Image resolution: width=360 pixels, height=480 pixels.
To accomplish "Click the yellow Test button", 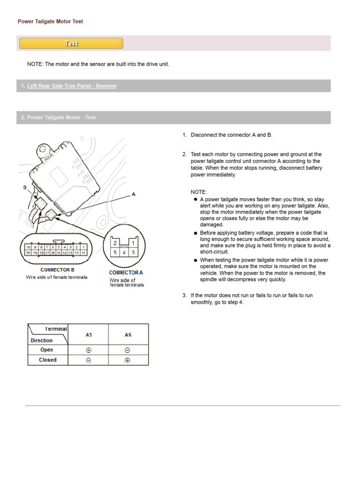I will tap(71, 44).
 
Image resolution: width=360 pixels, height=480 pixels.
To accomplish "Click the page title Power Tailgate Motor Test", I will tap(50, 22).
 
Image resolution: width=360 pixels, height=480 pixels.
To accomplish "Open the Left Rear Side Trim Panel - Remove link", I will tap(72, 86).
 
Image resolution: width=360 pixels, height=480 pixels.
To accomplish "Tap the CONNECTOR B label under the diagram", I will tap(57, 270).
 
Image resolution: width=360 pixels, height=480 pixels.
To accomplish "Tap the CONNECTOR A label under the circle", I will tap(126, 272).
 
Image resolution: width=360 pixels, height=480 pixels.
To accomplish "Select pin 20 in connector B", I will tap(29, 253).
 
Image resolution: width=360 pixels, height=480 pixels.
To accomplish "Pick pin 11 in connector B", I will tap(83, 253).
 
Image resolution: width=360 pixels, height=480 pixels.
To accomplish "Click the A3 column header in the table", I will tap(89, 335).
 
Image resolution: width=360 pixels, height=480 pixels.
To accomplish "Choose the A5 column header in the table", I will tap(128, 335).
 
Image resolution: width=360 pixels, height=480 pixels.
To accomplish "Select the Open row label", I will tap(47, 350).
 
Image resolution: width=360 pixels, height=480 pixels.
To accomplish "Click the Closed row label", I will tap(48, 360).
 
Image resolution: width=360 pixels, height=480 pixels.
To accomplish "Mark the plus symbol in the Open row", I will tap(89, 350).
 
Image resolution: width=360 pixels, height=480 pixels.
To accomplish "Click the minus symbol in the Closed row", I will tap(89, 360).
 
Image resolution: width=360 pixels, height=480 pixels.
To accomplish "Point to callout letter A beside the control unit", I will tap(134, 194).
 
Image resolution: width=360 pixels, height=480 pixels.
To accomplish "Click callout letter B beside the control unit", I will tap(25, 187).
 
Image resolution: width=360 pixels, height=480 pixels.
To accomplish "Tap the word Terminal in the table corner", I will tap(56, 329).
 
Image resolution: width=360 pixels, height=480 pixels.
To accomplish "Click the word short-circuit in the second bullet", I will tap(214, 252).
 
